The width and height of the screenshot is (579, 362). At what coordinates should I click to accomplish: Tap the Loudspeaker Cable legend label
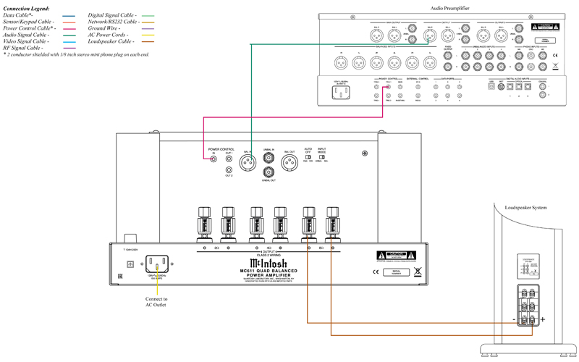[109, 41]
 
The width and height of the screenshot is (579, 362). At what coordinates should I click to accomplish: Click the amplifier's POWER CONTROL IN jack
[213, 158]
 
